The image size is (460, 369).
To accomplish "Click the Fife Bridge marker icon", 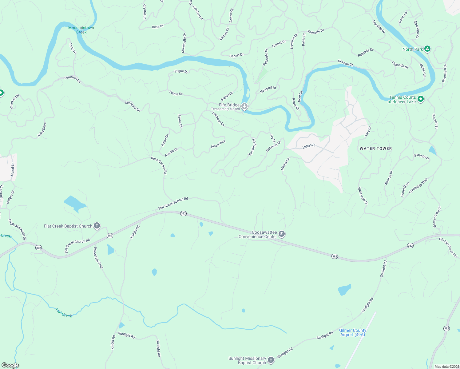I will coord(244,106).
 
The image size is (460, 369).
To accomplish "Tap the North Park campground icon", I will coord(427,49).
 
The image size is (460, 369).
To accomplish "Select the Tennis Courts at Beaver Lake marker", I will coord(421,99).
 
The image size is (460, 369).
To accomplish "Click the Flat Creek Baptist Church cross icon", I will coord(97,226).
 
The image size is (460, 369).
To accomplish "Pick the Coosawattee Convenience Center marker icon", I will coord(281,235).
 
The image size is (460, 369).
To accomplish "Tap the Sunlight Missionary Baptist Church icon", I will coord(271,360).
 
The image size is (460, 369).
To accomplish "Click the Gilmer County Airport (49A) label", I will coord(353,332).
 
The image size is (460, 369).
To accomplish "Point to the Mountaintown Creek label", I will coord(81,30).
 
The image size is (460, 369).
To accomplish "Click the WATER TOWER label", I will coord(376,149).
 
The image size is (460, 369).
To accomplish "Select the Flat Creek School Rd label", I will coord(173,204).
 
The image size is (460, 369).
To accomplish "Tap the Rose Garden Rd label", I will coord(159,165).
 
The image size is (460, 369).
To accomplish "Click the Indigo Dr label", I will coord(309,146).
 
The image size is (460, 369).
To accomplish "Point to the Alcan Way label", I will coord(218,144).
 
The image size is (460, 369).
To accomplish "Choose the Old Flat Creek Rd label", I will coord(448,247).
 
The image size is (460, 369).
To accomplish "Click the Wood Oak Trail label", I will coord(98,258).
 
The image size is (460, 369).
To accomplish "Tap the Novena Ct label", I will coord(346,63).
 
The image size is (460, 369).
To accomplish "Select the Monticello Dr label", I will coord(184,43).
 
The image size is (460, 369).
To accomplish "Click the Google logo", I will coord(10,365).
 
